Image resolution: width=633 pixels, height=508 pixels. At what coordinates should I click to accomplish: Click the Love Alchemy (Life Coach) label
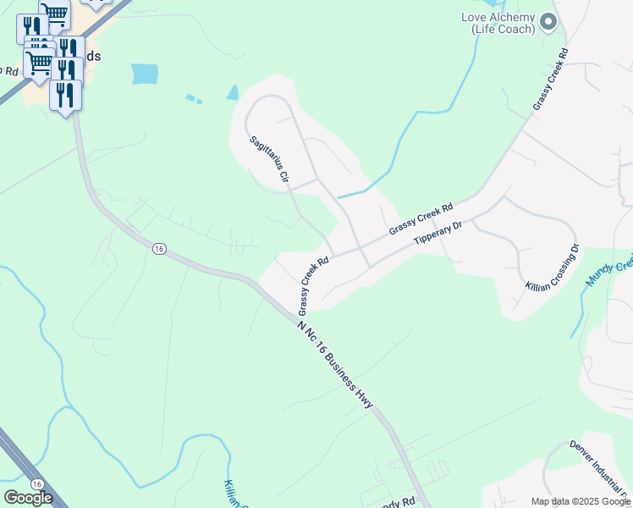(498, 23)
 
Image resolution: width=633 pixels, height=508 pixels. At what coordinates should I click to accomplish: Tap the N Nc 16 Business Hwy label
(335, 365)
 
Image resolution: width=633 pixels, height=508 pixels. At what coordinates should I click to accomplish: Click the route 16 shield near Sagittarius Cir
(158, 248)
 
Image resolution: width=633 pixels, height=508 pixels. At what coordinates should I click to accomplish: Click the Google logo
(28, 497)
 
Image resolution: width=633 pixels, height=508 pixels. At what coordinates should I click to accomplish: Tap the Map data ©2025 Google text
(580, 501)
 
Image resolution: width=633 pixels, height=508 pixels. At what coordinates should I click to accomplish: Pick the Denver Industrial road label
(600, 469)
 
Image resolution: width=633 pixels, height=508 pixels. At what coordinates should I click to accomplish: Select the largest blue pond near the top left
(145, 74)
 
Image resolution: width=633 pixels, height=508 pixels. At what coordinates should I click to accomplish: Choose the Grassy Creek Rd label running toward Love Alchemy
(550, 78)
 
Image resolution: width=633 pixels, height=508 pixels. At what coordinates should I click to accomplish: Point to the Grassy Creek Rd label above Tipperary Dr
(421, 218)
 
